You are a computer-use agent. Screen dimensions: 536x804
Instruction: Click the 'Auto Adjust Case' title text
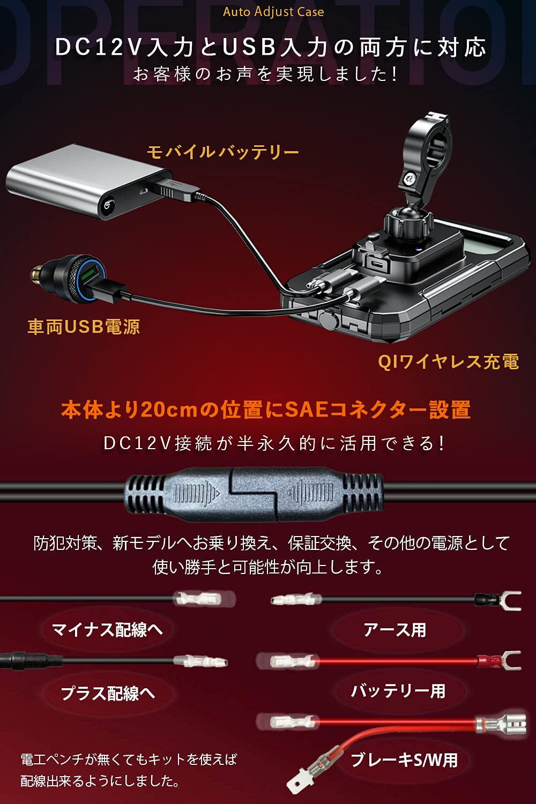tap(273, 12)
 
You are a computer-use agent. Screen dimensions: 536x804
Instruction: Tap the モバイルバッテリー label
tap(222, 152)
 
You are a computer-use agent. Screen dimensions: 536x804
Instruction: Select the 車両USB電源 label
tap(84, 326)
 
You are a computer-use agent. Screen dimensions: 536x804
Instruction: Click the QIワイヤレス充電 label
tap(448, 362)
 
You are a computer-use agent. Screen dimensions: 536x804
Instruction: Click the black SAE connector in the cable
tap(255, 494)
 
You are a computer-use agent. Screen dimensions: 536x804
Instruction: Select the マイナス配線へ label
tap(107, 629)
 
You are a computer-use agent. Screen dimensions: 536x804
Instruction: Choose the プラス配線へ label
tap(108, 693)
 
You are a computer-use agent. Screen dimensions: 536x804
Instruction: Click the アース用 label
tap(394, 630)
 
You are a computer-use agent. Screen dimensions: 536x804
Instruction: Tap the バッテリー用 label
tap(398, 691)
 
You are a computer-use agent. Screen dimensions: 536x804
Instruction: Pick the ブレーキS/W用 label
tap(404, 760)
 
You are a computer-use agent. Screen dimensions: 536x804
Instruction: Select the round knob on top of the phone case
tap(407, 222)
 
